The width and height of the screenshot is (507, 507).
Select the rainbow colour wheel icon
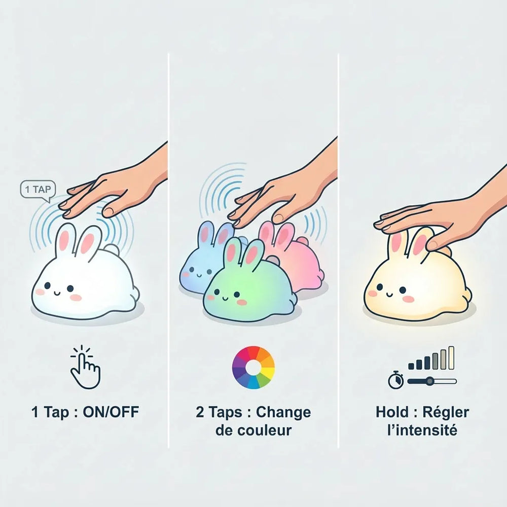point(253,367)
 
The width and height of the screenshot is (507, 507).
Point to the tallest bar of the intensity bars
point(451,357)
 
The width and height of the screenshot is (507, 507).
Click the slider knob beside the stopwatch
point(429,381)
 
